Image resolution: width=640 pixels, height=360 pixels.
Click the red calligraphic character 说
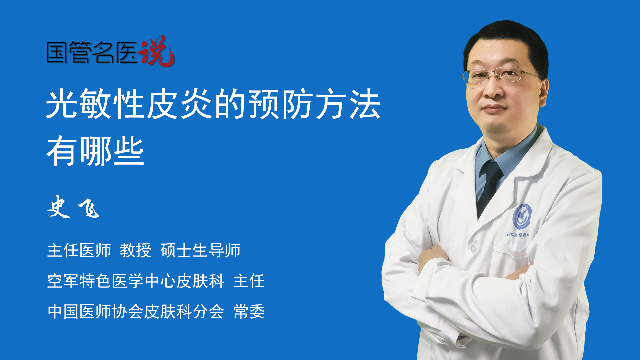pos(157,51)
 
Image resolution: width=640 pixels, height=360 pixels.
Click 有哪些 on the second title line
pos(95,151)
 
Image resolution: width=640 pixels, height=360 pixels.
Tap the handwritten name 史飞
pos(73,207)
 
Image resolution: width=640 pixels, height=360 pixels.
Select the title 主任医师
pos(79,250)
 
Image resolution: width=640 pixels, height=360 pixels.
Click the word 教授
pos(136,250)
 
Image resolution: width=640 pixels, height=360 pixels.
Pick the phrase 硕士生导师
pos(200,250)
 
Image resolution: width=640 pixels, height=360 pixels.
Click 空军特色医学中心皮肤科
pos(136,281)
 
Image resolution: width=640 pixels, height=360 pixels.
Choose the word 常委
pos(249,311)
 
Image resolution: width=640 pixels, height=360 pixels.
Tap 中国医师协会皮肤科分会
pos(136,311)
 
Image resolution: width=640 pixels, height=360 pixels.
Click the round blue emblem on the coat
pos(522,217)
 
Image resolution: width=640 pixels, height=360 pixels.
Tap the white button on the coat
pos(473,248)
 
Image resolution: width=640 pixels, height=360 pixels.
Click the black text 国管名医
pos(92,52)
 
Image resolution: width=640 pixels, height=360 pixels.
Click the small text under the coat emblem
pos(517,235)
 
